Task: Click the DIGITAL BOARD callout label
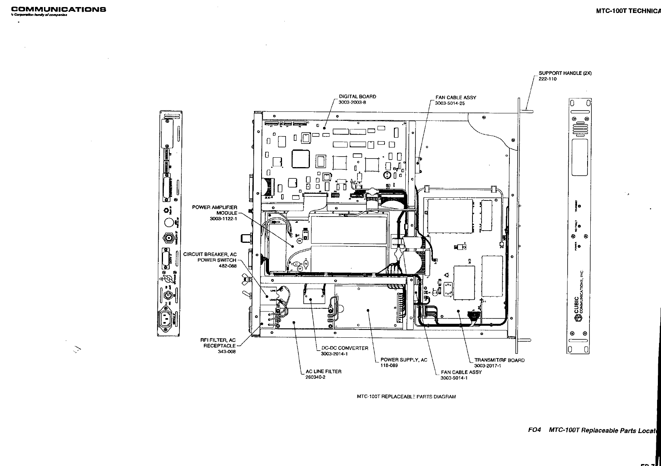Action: click(357, 96)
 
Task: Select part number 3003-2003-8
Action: click(352, 102)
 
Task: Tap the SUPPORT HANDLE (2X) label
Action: click(565, 73)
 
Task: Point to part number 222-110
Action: click(547, 79)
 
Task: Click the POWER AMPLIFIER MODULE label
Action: click(214, 210)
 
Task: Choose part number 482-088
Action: click(228, 266)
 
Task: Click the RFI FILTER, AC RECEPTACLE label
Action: click(218, 343)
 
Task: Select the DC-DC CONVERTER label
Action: click(345, 348)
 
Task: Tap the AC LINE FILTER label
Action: click(324, 371)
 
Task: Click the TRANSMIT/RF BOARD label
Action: click(499, 360)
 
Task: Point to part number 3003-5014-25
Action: click(450, 104)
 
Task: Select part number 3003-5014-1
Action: click(454, 378)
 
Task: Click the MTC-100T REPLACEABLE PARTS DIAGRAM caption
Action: click(406, 397)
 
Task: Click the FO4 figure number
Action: click(535, 430)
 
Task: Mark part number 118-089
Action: click(389, 366)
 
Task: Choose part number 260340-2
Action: click(315, 377)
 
